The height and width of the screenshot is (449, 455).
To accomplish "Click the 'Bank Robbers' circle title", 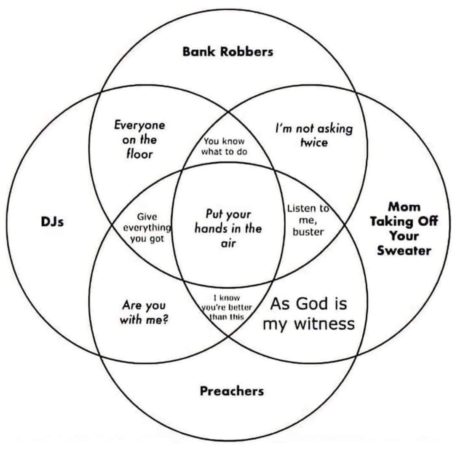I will click(x=227, y=52).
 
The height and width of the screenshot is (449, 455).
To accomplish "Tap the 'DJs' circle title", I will click(x=52, y=222).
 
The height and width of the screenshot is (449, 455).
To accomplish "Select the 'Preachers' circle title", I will click(x=231, y=391).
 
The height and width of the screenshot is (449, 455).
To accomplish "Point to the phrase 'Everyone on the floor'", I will click(x=139, y=139).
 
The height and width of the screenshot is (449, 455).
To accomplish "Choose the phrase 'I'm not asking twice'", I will click(x=313, y=135).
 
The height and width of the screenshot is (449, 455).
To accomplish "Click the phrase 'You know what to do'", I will click(x=224, y=147).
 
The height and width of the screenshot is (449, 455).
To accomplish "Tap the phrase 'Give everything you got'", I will click(x=147, y=227).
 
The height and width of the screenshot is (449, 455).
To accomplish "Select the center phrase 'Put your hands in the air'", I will click(x=228, y=228).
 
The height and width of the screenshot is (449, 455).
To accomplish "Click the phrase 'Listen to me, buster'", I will click(x=308, y=219).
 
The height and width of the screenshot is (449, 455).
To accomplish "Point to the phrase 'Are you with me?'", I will click(x=144, y=312).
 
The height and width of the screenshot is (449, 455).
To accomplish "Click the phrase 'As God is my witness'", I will click(x=308, y=313).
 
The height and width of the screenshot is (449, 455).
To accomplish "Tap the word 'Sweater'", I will click(x=404, y=251).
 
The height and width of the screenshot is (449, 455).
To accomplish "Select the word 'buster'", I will click(x=308, y=231).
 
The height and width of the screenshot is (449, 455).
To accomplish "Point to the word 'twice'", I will click(x=313, y=142).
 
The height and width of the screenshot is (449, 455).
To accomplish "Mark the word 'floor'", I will click(x=139, y=153).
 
